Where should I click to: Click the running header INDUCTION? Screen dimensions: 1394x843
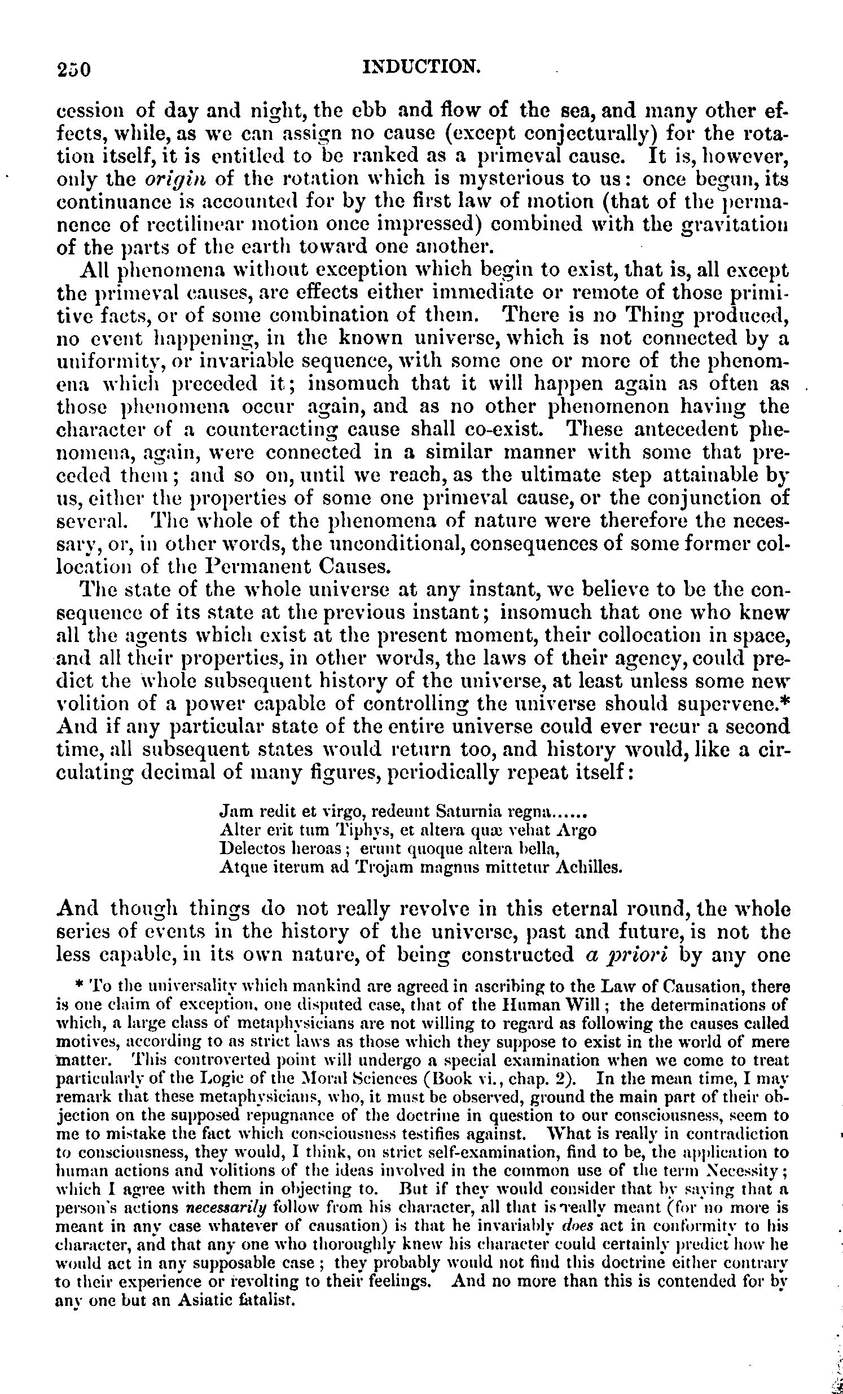(421, 67)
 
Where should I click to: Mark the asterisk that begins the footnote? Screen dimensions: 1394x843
(80, 987)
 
